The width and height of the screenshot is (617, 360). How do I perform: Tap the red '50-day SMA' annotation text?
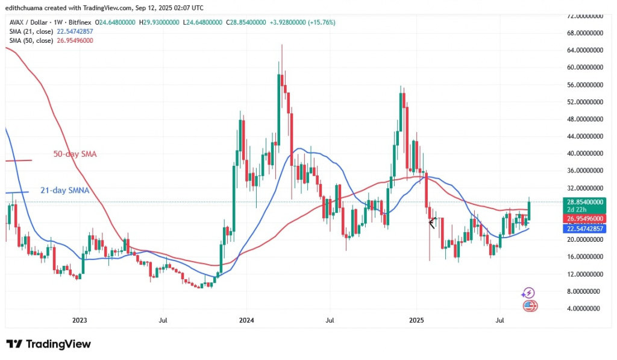[x=74, y=154]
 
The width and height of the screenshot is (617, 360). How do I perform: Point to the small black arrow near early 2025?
[x=431, y=223]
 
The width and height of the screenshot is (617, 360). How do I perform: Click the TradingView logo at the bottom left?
[x=49, y=344]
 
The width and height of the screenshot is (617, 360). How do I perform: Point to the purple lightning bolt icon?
[x=528, y=293]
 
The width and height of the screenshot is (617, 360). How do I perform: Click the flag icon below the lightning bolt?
[x=530, y=306]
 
